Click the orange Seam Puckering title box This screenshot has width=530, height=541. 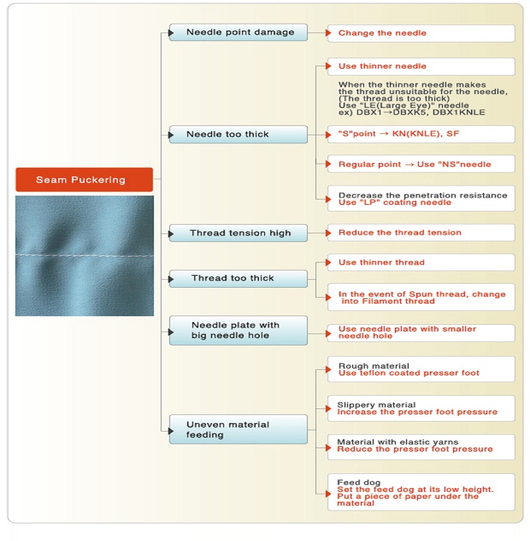[x=84, y=180]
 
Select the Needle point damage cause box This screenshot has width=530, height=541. [x=238, y=32]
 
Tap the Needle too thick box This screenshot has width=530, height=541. [x=238, y=134]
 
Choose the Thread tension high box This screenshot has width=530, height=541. [x=238, y=233]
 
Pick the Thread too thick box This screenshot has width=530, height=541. [x=238, y=278]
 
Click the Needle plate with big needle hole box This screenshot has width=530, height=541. [x=238, y=330]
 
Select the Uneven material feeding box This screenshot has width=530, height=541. [x=238, y=430]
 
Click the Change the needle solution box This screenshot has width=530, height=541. [x=421, y=33]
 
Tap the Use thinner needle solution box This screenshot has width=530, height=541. [x=421, y=66]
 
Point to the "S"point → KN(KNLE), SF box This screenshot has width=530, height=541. [x=421, y=134]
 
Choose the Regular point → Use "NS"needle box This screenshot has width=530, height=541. [x=421, y=164]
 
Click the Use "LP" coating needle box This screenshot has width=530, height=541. [x=421, y=199]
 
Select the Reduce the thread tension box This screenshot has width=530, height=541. [x=421, y=233]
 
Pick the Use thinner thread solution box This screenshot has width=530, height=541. [x=421, y=263]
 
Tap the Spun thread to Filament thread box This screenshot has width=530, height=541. [x=421, y=298]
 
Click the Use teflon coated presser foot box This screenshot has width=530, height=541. [x=421, y=369]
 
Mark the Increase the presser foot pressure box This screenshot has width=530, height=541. [x=421, y=408]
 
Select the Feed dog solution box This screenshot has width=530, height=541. [x=421, y=492]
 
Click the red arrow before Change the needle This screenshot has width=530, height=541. [x=329, y=32]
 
